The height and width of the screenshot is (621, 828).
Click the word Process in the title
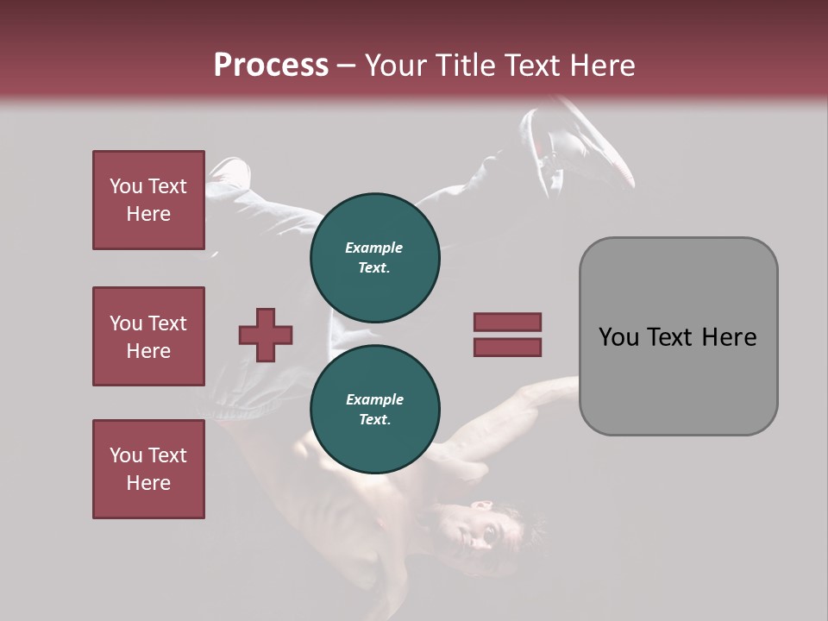271,66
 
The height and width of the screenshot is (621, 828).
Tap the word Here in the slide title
602,66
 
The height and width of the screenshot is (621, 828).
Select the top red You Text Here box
148,200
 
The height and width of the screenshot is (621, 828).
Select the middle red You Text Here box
148,336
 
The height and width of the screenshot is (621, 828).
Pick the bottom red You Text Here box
148,469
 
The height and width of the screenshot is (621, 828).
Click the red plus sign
266,335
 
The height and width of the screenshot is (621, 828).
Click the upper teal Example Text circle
374,257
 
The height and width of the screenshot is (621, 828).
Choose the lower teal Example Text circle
374,409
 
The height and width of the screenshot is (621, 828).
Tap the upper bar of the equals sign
507,322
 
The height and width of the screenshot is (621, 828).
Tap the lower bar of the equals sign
507,347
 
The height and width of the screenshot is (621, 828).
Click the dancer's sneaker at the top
595,142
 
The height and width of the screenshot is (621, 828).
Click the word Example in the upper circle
374,248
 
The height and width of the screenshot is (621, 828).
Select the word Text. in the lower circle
374,419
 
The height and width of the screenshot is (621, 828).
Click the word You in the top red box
126,186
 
